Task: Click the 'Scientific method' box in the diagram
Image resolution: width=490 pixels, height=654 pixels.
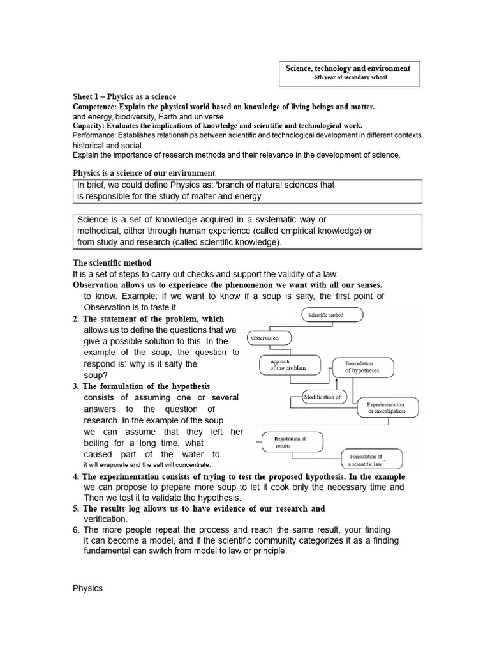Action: (331, 315)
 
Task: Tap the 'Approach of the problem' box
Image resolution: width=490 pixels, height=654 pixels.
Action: (288, 365)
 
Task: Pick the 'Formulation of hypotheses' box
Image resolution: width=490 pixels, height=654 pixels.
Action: (362, 367)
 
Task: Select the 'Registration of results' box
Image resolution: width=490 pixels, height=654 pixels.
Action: (290, 442)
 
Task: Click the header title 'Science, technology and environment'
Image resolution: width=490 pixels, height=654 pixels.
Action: (350, 68)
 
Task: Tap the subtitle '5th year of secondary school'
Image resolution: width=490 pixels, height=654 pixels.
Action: (350, 78)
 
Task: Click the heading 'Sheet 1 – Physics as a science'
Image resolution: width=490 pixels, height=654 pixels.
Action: (124, 96)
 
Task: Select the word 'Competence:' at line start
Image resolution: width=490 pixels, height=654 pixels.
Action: (94, 107)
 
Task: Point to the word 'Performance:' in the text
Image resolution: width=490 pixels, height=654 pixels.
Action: (94, 135)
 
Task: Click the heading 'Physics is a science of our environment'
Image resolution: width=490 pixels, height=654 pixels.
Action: (144, 173)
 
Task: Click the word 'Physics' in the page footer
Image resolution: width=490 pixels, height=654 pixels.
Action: (87, 588)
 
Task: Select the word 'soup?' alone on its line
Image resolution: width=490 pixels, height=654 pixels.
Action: (96, 375)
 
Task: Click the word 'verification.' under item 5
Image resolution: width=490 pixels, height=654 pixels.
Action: (106, 519)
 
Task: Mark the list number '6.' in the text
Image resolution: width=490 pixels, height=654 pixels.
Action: (77, 530)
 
